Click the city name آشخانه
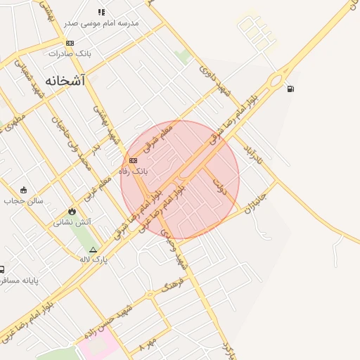coord(65,81)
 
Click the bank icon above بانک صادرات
coord(70,43)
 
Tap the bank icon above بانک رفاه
coord(133,160)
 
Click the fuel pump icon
coord(290,89)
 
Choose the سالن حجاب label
coord(23,200)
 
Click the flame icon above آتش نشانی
coord(71,211)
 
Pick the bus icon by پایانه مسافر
coord(2,269)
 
